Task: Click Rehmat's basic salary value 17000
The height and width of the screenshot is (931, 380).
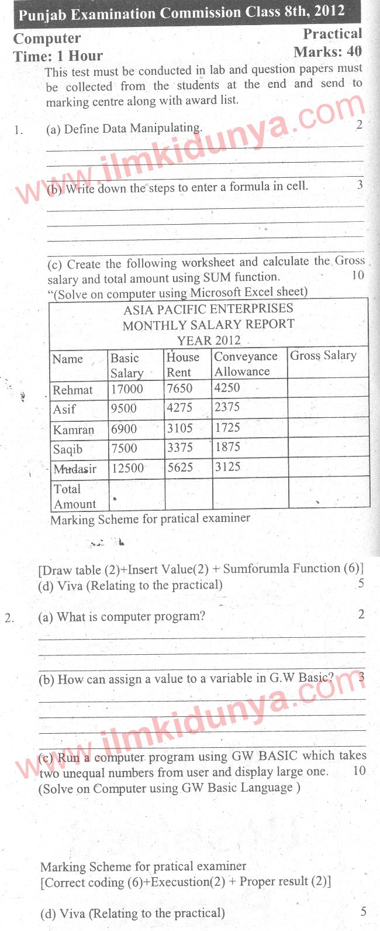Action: (x=127, y=389)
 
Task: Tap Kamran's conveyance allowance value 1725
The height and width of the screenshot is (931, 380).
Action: (x=227, y=428)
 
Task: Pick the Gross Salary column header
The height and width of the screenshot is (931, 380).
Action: (x=323, y=355)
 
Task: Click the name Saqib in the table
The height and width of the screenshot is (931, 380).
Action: (x=68, y=449)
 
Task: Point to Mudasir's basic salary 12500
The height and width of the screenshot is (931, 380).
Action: (x=127, y=468)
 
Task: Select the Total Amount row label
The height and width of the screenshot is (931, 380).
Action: (x=75, y=496)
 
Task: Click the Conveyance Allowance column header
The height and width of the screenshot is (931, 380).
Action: (x=245, y=363)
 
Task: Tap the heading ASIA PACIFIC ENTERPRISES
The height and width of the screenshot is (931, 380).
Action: (x=208, y=309)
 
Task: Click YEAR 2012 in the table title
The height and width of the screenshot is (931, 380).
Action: (x=209, y=340)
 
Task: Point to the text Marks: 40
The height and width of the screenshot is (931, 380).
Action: (x=327, y=52)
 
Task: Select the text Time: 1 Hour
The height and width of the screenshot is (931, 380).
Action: (x=58, y=56)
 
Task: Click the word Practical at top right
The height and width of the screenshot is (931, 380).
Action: (x=332, y=34)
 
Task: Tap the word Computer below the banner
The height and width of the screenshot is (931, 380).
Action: (x=47, y=39)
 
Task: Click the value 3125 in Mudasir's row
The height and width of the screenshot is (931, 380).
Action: (x=227, y=467)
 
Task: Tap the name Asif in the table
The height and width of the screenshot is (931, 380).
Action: (x=64, y=409)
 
